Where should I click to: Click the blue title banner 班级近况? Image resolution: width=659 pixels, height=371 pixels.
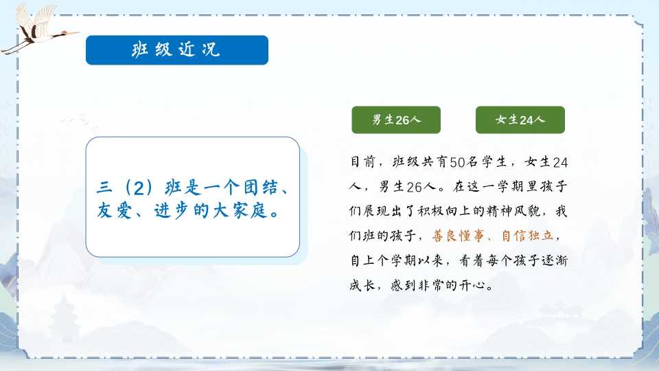(x=177, y=50)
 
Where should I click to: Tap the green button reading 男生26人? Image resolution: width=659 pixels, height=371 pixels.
(x=396, y=120)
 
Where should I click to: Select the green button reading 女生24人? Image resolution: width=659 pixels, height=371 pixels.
(x=520, y=120)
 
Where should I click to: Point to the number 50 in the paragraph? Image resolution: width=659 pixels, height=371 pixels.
(x=457, y=162)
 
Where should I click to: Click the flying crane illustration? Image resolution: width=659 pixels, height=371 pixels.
(x=38, y=29)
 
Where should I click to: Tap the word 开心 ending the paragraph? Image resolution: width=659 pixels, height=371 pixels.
(x=472, y=285)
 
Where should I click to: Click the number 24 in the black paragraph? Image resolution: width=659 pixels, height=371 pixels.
(x=560, y=162)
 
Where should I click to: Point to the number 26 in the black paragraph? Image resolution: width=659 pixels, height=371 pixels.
(x=414, y=187)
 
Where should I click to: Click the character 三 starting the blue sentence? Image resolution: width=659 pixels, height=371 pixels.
(x=104, y=187)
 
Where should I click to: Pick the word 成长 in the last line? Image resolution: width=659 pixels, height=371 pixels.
(x=362, y=285)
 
